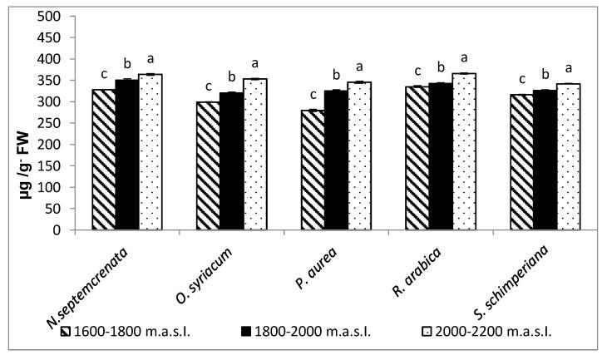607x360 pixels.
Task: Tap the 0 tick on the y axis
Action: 56,230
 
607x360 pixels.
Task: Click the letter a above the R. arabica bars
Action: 464,57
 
